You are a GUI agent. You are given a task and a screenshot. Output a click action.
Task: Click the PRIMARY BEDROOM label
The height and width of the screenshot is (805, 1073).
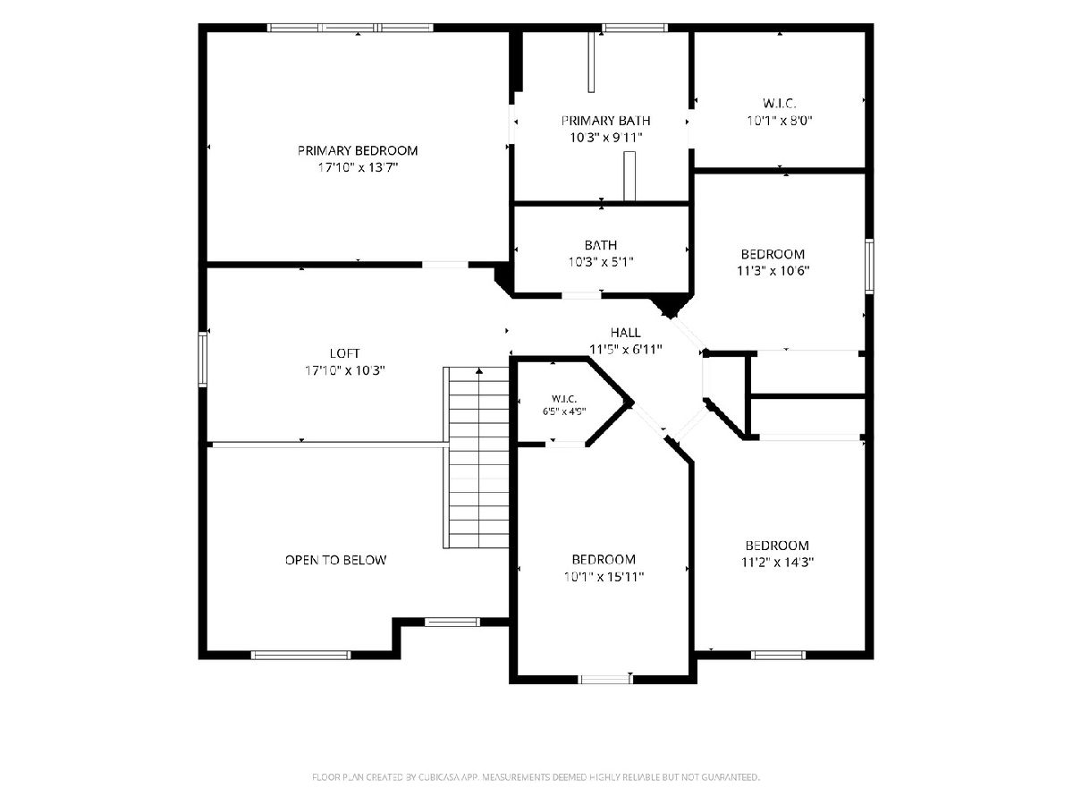[x=358, y=150]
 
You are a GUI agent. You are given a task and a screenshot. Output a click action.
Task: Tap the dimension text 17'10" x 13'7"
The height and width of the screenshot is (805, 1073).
[x=358, y=167]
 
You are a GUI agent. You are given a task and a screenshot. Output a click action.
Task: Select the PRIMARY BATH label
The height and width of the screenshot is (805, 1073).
[x=605, y=120]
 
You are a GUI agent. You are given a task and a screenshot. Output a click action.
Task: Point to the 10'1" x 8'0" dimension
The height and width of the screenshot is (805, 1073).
[x=780, y=120]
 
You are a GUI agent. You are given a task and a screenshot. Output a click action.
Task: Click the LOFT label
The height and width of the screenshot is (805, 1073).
[x=344, y=353]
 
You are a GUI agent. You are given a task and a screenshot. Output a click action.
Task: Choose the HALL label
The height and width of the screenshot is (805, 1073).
[x=625, y=333]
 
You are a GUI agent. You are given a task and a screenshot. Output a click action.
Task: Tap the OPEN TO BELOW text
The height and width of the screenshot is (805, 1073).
[x=335, y=560]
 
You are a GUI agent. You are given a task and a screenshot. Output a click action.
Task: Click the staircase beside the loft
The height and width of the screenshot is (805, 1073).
[x=476, y=457]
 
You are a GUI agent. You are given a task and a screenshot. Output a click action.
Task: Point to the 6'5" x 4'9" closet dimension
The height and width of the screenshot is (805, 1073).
[x=564, y=411]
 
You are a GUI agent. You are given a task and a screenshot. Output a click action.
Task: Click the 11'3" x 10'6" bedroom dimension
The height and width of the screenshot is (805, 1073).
[x=773, y=270]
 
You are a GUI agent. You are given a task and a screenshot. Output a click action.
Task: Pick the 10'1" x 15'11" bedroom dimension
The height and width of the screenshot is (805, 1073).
[x=604, y=577]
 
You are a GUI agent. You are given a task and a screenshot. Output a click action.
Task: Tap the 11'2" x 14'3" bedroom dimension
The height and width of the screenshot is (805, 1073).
[x=777, y=562]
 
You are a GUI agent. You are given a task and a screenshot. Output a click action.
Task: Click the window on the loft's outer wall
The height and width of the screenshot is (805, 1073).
[x=202, y=360]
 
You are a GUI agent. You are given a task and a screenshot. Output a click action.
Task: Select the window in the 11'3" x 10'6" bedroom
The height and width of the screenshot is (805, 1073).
[x=869, y=267]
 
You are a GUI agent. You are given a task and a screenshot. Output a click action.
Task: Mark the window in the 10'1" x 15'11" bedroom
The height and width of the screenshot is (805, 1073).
[x=605, y=679]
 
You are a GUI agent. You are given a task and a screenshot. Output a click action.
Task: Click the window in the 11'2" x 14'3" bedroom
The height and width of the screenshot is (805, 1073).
[x=778, y=655]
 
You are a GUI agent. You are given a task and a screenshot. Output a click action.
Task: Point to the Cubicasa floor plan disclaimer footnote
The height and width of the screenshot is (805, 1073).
[x=536, y=776]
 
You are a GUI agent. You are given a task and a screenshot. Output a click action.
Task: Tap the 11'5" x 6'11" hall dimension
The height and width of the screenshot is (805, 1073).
[x=625, y=350]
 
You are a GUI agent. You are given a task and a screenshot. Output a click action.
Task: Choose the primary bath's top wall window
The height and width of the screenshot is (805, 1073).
[x=635, y=28]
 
